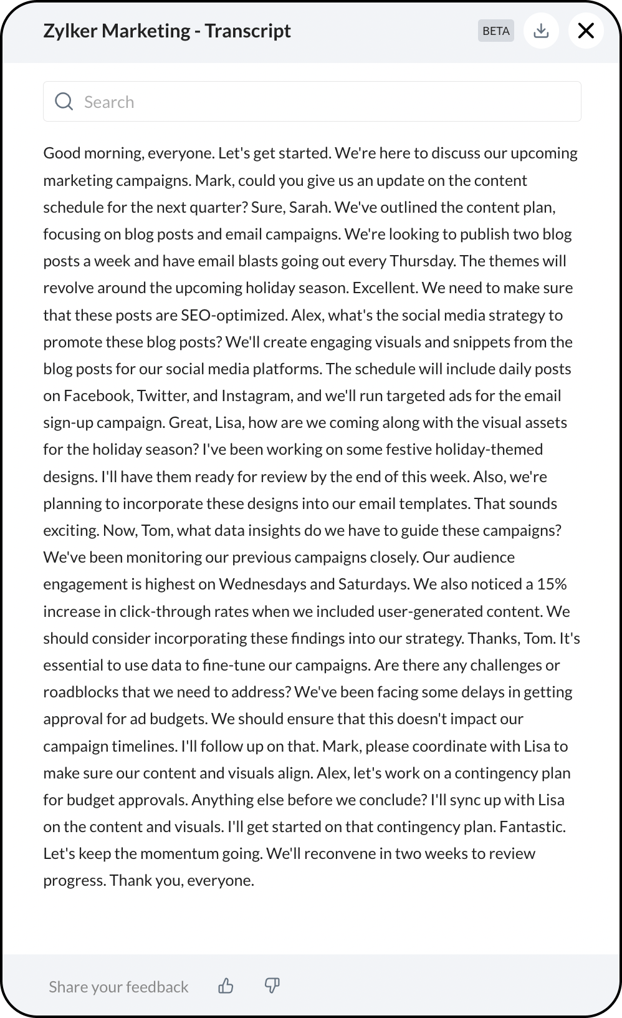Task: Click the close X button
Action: coord(586,31)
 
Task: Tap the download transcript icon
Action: coord(541,31)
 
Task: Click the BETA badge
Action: coord(496,31)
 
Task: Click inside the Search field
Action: coord(324,102)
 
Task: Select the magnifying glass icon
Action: coord(64,102)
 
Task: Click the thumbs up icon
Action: coord(226,986)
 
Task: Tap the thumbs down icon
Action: coord(272,986)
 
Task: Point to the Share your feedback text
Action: coord(118,987)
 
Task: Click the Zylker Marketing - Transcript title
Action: coord(167,31)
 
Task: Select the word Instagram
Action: coord(256,395)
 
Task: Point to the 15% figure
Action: coord(552,584)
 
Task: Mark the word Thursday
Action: coord(422,261)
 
